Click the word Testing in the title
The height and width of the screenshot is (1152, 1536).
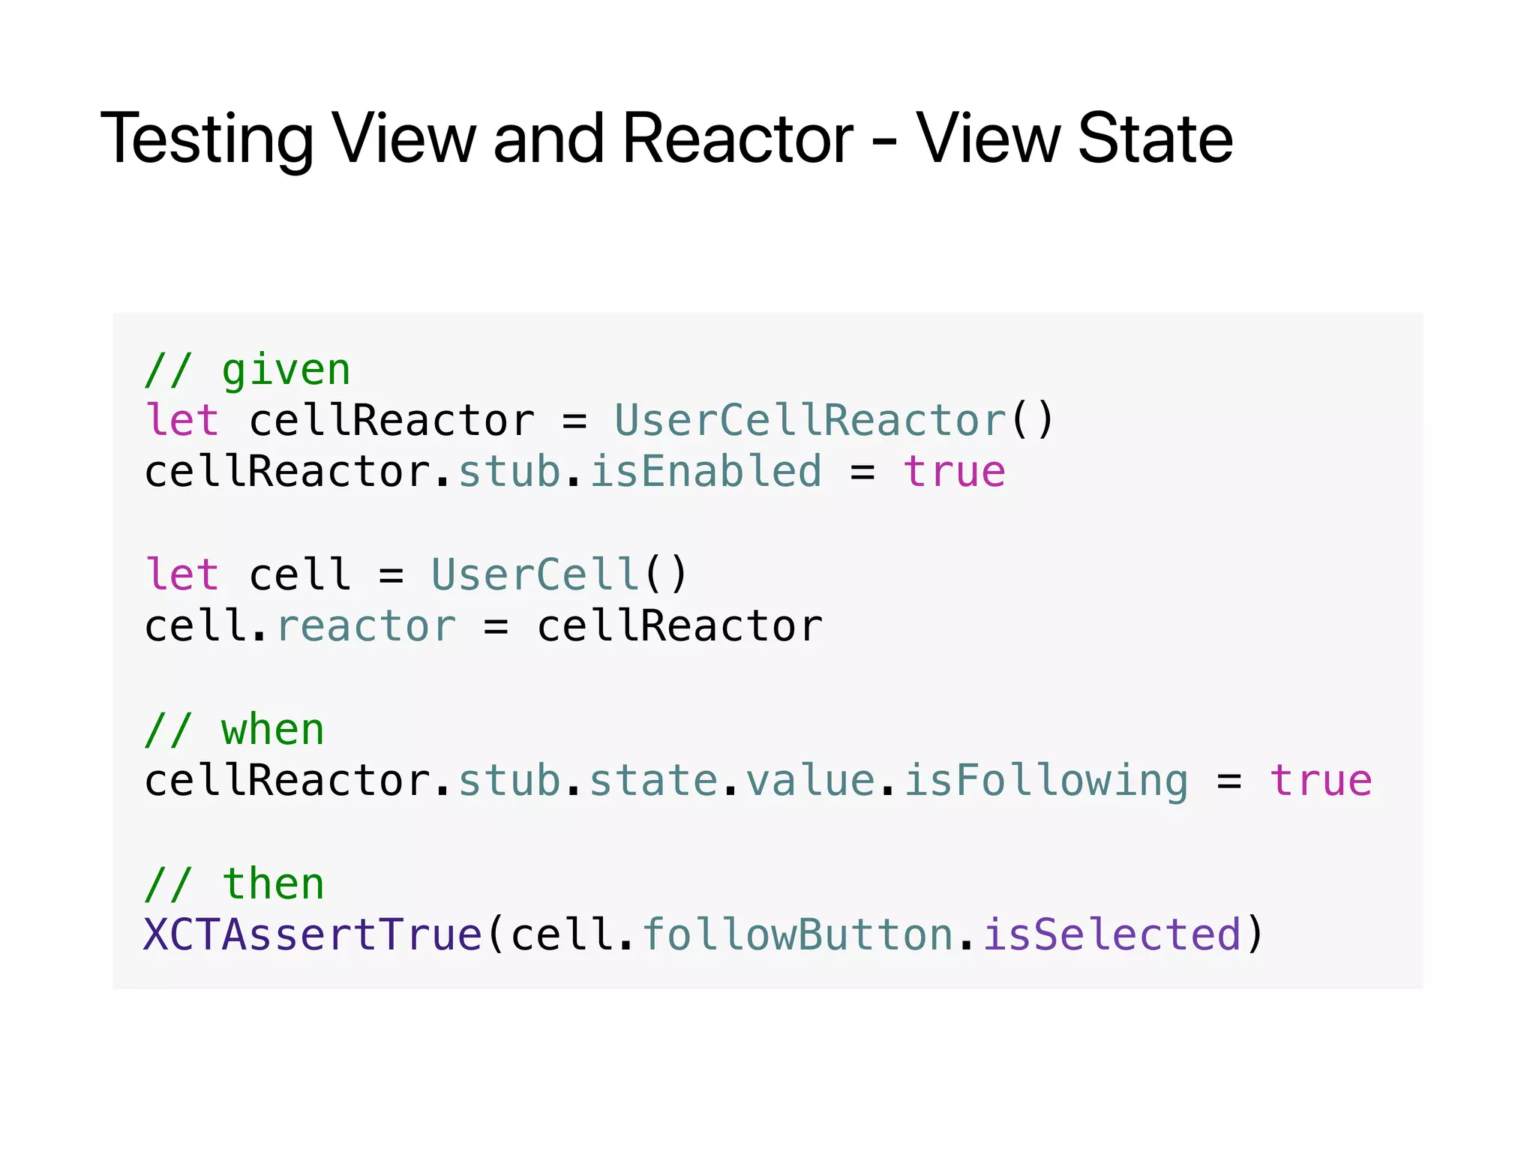[x=207, y=139]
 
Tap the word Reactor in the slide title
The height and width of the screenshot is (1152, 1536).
[x=737, y=139]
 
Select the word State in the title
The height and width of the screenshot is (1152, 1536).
[x=1155, y=139]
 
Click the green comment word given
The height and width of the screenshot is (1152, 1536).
[x=286, y=370]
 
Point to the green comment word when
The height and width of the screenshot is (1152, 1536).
[x=272, y=730]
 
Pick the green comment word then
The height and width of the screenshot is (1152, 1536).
[x=273, y=884]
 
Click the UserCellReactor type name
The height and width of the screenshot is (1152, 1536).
[x=810, y=420]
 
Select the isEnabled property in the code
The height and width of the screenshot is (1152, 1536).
[x=705, y=472]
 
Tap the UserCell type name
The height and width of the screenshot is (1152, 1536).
[x=535, y=574]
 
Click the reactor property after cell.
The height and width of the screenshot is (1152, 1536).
[x=365, y=626]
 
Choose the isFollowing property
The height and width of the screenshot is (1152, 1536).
[x=1045, y=781]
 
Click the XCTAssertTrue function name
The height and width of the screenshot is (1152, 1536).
[x=313, y=935]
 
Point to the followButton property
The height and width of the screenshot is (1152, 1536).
[x=797, y=935]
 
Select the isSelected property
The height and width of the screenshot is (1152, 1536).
[x=1112, y=935]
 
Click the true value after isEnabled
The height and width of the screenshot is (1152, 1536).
[x=954, y=472]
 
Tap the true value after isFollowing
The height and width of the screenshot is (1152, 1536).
[x=1321, y=781]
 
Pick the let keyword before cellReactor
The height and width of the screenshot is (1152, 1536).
[x=181, y=420]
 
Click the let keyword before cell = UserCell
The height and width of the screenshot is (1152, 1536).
[x=181, y=574]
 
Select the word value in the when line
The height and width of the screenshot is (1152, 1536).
[x=810, y=781]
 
